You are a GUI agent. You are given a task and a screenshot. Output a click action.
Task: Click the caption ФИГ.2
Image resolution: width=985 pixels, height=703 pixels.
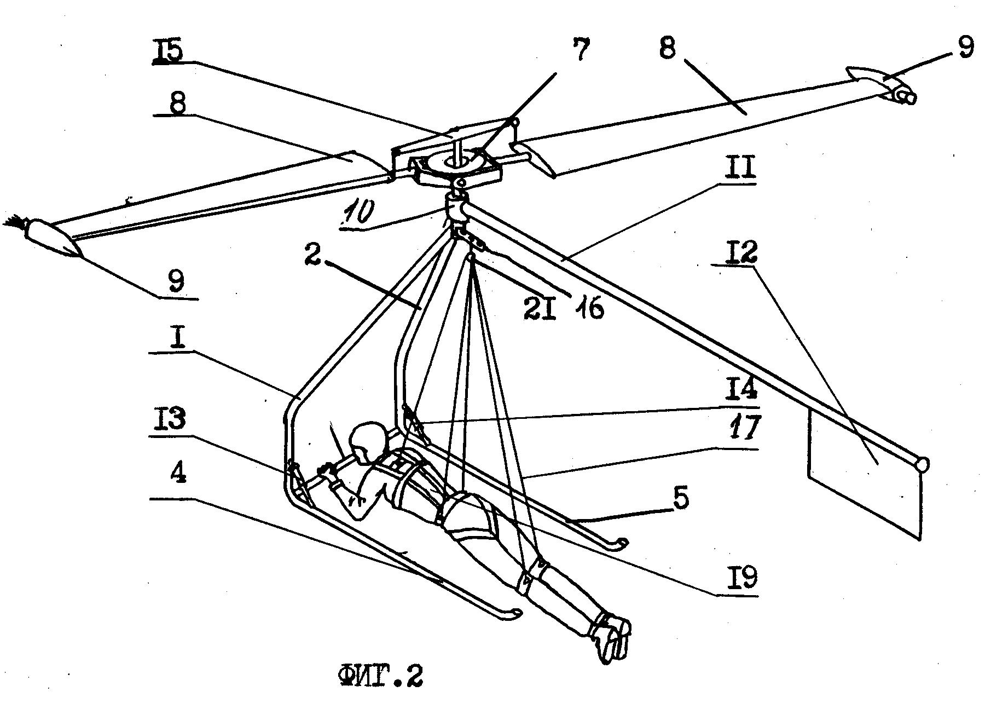(x=381, y=676)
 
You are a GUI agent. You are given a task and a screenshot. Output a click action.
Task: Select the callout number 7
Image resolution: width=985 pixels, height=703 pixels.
(x=581, y=50)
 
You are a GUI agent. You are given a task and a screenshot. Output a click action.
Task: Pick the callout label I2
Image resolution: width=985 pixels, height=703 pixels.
(x=743, y=253)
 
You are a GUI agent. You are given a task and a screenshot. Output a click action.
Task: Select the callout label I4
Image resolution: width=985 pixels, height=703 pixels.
(x=741, y=389)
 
